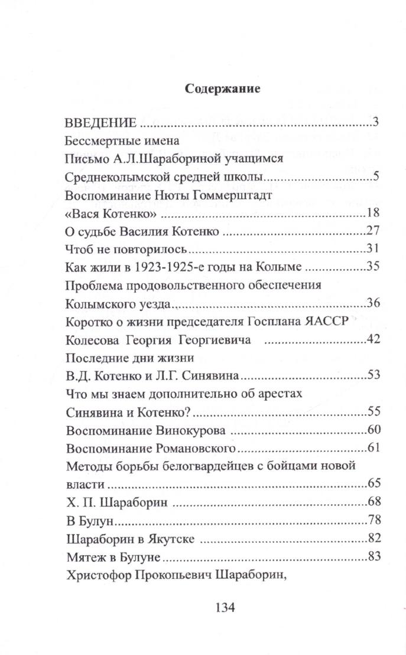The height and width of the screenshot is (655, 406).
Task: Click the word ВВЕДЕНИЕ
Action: click(x=100, y=124)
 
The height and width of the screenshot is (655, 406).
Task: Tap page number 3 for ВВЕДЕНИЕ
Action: click(x=375, y=123)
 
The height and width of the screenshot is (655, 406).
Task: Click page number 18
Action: click(x=372, y=213)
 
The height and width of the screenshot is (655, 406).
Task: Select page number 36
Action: click(x=372, y=303)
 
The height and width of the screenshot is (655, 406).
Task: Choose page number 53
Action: click(x=372, y=375)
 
